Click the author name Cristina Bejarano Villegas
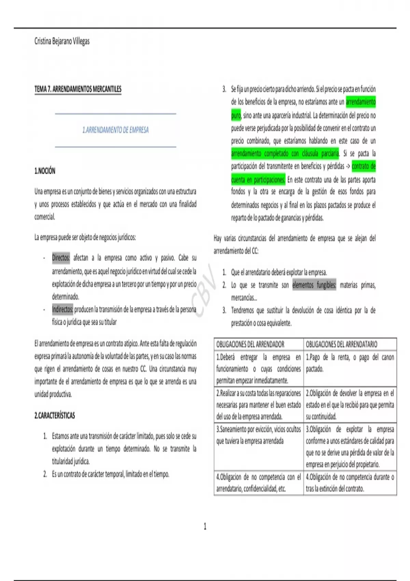62,41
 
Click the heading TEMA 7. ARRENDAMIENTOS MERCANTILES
78,89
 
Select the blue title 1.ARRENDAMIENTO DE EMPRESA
115,130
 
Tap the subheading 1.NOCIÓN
45,171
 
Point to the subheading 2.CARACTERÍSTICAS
55,416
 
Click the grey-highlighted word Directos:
61,258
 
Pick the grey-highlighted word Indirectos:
63,309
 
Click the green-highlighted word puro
236,116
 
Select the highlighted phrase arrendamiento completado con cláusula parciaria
285,153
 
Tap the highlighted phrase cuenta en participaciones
258,180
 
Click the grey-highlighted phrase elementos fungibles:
314,285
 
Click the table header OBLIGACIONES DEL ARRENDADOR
250,344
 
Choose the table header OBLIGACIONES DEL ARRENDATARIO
341,344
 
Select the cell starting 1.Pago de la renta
350,363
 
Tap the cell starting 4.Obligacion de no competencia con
259,483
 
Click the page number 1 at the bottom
205,526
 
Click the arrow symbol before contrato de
348,167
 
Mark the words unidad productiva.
53,394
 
